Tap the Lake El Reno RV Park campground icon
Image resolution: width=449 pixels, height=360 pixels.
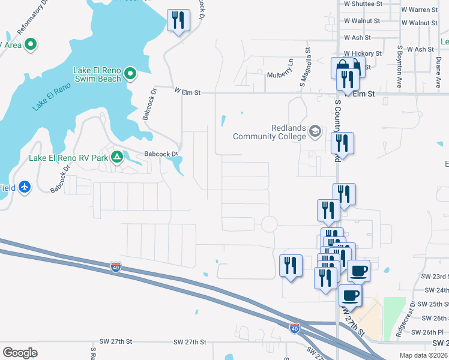(x=118, y=158)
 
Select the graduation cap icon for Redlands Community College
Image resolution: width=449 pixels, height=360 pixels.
(x=315, y=131)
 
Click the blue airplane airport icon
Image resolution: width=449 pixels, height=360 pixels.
(x=25, y=187)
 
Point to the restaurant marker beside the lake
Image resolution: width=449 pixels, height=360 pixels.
(x=178, y=20)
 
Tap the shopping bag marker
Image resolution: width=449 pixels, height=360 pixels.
(x=341, y=67)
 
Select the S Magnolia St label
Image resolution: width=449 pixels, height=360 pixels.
(x=307, y=64)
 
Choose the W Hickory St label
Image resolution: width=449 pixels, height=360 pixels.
(x=363, y=53)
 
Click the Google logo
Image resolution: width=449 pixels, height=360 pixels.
(x=20, y=352)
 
